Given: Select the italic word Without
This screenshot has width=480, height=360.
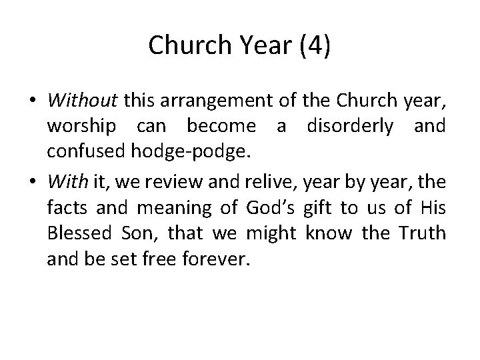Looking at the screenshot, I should [x=83, y=101].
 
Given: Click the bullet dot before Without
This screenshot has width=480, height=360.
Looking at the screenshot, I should [x=33, y=101].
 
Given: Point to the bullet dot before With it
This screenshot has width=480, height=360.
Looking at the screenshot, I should [x=33, y=178].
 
